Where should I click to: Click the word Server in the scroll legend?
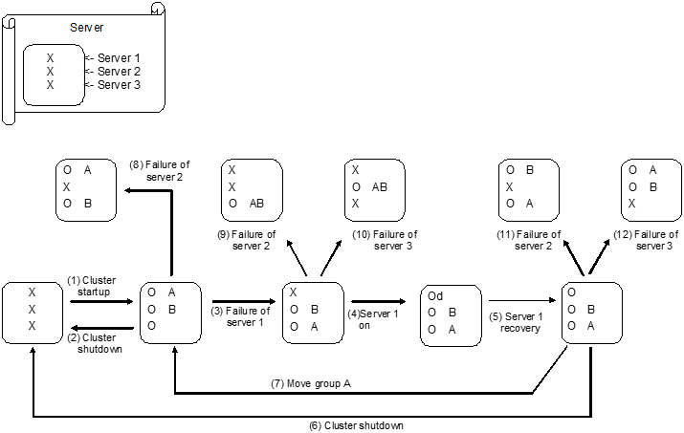(x=87, y=28)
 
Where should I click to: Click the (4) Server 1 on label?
(x=374, y=317)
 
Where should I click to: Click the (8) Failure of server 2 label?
(x=159, y=170)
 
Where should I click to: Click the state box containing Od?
(x=451, y=314)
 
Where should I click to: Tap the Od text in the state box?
(x=435, y=296)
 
